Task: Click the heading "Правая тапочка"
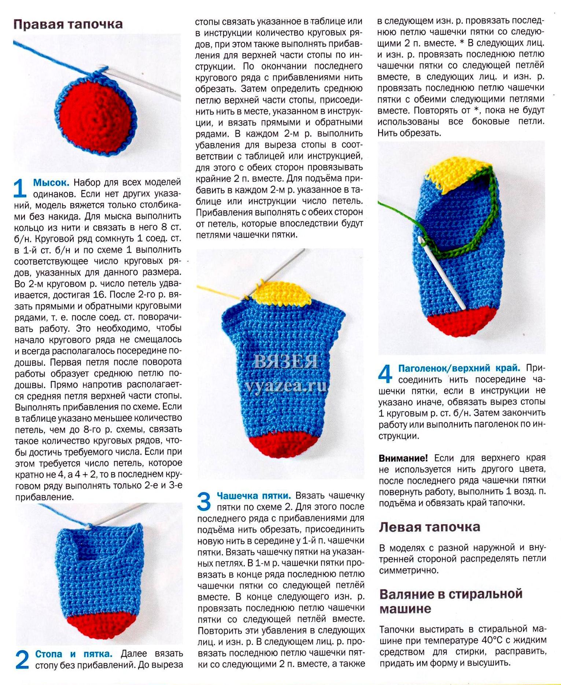68,24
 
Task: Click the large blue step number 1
20,188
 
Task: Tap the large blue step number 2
22,659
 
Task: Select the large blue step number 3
204,501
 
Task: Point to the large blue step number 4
385,374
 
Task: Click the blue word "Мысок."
51,183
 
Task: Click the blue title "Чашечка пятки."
254,496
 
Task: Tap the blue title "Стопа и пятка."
74,654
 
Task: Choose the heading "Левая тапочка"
429,527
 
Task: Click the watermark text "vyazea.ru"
286,386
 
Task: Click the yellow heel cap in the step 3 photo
282,293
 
